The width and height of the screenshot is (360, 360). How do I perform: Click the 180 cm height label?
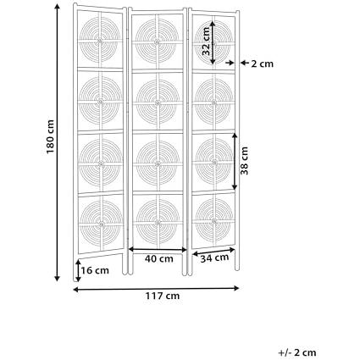[50, 136]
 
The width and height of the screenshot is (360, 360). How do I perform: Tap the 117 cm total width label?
[163, 296]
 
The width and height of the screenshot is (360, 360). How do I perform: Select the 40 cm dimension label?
[159, 258]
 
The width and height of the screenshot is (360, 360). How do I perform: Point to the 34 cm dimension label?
[214, 258]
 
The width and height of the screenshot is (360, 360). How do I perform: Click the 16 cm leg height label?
[95, 270]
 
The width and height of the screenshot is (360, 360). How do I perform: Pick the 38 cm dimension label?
[244, 161]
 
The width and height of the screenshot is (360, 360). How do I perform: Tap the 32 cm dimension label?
[207, 42]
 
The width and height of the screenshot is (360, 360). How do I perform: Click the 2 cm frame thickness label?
[263, 64]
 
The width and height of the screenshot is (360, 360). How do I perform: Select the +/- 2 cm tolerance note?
[297, 352]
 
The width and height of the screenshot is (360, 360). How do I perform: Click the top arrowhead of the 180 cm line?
[58, 6]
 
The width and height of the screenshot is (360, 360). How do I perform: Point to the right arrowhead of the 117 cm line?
[236, 288]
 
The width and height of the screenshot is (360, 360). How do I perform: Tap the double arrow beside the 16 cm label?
[78, 271]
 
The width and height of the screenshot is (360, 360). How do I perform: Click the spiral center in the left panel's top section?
[100, 42]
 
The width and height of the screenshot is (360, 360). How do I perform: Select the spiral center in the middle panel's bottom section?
[158, 223]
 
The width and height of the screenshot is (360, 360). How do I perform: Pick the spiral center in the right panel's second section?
[214, 102]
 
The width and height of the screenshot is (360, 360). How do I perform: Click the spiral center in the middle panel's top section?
[157, 42]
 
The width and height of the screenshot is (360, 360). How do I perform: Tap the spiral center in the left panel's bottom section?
[102, 224]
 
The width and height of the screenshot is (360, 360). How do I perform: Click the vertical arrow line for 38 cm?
[235, 161]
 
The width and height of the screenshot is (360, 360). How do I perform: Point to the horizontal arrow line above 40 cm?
[158, 249]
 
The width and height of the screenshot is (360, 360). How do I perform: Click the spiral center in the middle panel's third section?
[158, 163]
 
